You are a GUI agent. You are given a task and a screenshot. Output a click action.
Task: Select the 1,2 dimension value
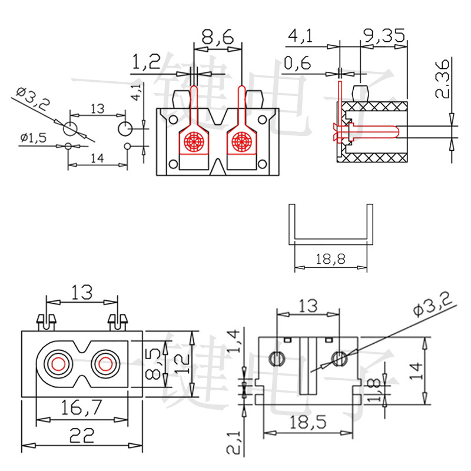(146, 62)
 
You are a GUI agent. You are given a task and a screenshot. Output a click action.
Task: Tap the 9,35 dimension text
(384, 37)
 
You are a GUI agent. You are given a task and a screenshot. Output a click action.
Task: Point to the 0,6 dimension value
(297, 63)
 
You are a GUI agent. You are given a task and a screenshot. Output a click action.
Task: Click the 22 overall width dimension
(82, 436)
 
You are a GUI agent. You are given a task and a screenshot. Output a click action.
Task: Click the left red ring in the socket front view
(58, 364)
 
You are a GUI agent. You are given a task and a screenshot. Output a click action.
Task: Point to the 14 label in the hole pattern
(97, 157)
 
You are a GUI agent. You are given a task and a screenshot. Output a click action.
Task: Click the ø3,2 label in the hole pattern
(34, 98)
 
